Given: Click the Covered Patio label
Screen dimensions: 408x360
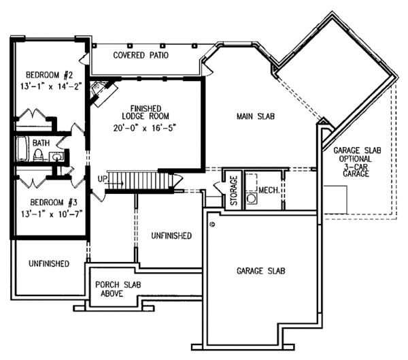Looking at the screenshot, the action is click(141, 55).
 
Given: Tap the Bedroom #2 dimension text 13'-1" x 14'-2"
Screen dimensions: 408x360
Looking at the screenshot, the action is click(51, 86).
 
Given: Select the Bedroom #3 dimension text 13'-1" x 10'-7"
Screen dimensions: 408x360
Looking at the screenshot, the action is click(52, 214).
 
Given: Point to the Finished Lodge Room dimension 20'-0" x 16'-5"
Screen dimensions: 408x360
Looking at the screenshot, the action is click(146, 128).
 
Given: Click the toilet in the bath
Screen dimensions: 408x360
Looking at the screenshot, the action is click(38, 154).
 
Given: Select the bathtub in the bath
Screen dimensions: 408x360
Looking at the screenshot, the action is click(22, 149).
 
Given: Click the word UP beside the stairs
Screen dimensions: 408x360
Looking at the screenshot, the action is click(102, 179).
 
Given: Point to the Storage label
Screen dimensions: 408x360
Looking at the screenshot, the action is click(234, 191).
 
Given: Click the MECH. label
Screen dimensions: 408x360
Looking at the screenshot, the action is click(269, 191).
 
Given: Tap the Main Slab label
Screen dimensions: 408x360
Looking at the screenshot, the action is click(256, 116).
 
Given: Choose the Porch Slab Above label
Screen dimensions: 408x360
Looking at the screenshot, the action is click(118, 289).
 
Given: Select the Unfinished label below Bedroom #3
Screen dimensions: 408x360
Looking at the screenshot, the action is click(49, 263).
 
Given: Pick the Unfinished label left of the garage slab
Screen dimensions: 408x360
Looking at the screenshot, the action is click(171, 235).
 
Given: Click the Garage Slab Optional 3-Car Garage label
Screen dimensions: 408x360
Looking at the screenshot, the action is click(357, 162).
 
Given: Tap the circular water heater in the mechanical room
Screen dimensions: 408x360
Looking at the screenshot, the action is click(252, 199).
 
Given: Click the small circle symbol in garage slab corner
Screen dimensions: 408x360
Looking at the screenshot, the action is click(213, 224).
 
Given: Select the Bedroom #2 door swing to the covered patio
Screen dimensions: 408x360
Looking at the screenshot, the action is click(84, 59).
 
